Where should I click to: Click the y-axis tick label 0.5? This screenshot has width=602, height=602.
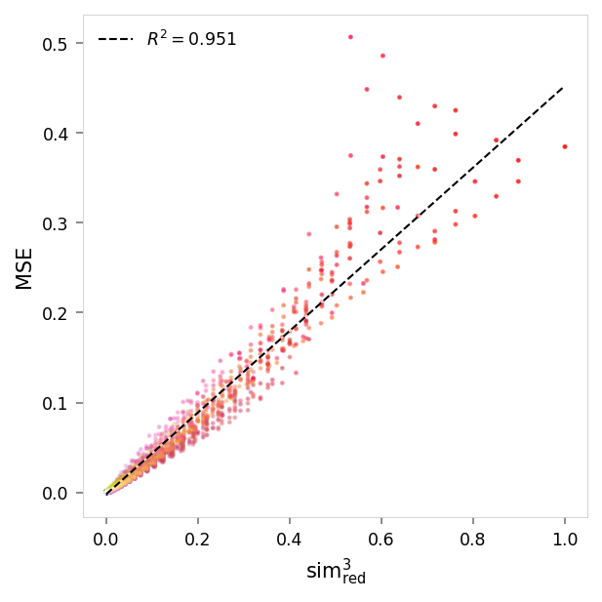tap(55, 44)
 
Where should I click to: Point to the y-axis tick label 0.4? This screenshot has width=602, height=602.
tap(55, 134)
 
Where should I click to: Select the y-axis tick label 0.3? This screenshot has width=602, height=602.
tap(55, 223)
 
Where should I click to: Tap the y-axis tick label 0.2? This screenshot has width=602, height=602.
tap(55, 313)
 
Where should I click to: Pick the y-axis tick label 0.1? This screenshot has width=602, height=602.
tap(55, 403)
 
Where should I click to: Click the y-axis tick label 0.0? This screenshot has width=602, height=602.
tap(55, 493)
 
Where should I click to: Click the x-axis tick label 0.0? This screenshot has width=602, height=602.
tap(106, 538)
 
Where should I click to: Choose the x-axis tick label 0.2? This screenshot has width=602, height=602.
tap(198, 538)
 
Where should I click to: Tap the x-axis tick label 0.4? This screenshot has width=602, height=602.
tap(290, 538)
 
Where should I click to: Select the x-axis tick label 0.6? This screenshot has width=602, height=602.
tap(381, 538)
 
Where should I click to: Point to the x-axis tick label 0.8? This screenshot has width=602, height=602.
tap(473, 538)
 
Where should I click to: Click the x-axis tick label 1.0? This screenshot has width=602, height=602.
tap(565, 538)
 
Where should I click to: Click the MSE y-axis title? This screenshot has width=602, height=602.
tap(24, 268)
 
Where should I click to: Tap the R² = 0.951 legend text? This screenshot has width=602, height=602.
tap(191, 40)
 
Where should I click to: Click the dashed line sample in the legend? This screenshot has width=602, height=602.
tap(115, 40)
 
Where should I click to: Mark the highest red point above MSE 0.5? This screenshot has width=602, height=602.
tap(350, 37)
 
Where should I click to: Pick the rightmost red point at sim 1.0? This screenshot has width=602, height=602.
tap(565, 146)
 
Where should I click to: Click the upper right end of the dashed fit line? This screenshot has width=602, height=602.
tap(564, 87)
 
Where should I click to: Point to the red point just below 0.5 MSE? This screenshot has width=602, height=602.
tap(382, 56)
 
